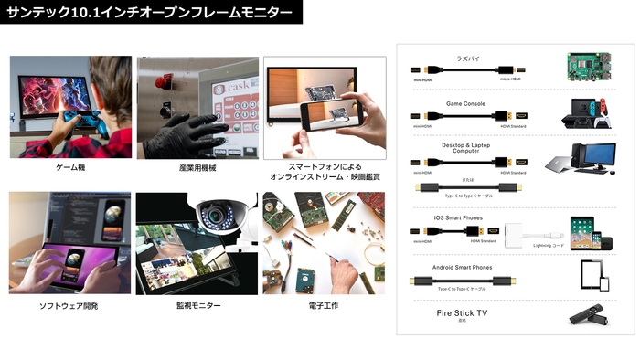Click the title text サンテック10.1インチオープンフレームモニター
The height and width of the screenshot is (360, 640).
tap(150, 13)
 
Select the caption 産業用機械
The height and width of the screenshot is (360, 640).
tap(197, 168)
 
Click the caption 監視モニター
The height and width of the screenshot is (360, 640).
tap(198, 306)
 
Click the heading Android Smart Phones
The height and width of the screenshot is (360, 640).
tap(463, 268)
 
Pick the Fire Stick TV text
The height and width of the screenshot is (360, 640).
tap(463, 313)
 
